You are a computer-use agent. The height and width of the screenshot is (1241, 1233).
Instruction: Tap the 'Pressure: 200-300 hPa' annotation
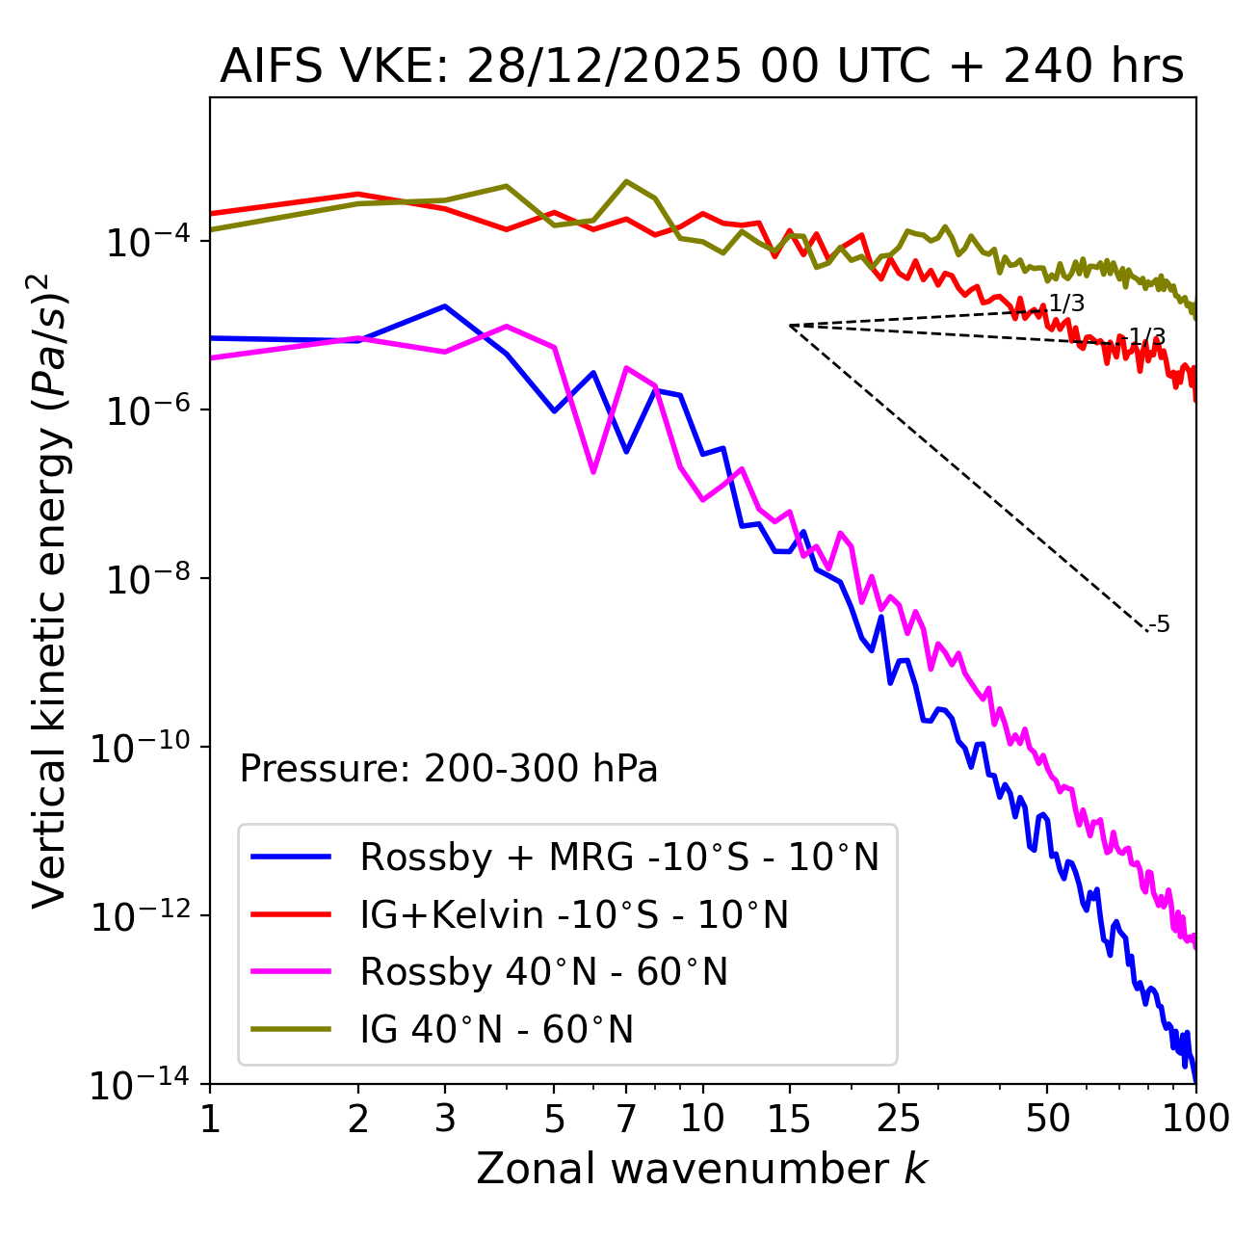[x=449, y=769]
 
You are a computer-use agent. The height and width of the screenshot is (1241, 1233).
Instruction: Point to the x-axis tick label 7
[x=626, y=1119]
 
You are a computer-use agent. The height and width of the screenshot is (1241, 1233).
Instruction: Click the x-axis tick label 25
[x=899, y=1119]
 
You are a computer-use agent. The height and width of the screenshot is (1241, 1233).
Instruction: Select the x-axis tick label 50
[x=1047, y=1119]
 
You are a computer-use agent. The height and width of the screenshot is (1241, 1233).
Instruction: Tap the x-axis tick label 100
[x=1194, y=1119]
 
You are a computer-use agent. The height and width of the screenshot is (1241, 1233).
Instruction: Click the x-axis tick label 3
[x=445, y=1119]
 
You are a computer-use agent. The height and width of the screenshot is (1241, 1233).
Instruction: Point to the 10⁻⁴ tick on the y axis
[x=145, y=242]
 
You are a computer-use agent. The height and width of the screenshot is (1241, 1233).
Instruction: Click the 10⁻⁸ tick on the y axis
[x=145, y=579]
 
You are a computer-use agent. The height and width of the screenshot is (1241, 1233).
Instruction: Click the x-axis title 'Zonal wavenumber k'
[x=701, y=1170]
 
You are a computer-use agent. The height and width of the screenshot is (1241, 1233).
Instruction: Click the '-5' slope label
[x=1161, y=625]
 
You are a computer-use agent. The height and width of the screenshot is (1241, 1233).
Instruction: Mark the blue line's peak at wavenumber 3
[x=445, y=306]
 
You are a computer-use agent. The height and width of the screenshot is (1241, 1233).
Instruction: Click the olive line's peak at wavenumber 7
[x=626, y=181]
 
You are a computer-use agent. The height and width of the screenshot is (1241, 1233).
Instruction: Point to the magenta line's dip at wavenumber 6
[x=593, y=471]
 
